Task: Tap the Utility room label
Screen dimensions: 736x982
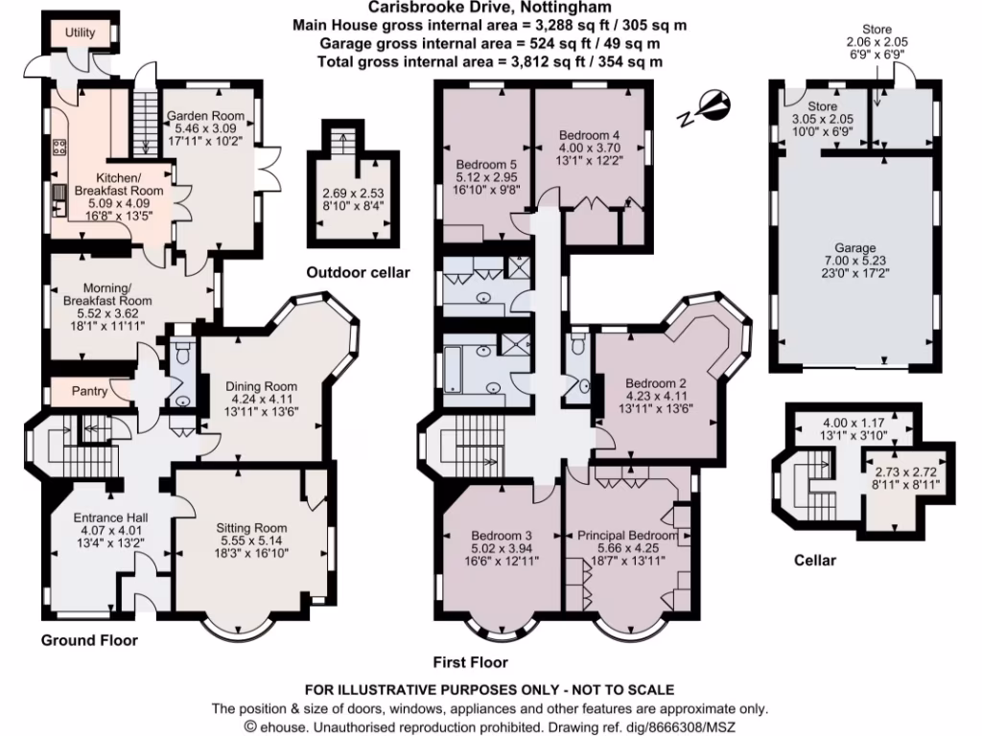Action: pos(80,33)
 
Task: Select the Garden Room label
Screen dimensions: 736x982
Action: pos(205,116)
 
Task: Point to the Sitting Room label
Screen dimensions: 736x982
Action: pos(251,527)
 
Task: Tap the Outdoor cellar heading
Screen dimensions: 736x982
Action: pos(358,272)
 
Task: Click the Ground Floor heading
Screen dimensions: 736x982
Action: pos(89,640)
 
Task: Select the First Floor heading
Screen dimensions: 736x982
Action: pos(469,662)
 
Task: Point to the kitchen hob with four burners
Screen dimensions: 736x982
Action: pos(58,147)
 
